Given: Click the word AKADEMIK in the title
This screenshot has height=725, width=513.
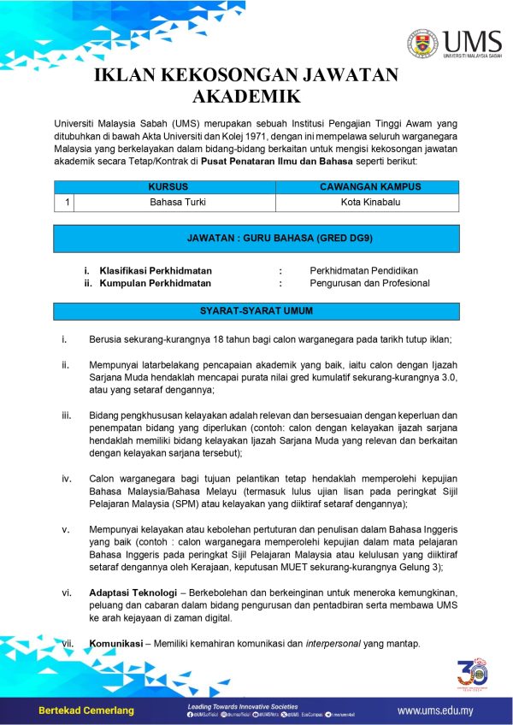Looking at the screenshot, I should coord(247,95).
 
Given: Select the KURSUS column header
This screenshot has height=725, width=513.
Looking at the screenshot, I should coord(168,186).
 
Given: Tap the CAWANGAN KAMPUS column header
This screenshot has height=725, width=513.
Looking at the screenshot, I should coord(370,186).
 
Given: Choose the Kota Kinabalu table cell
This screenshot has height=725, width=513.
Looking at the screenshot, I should coord(370,203).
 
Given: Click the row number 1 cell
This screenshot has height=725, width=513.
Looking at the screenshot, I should coord(64,203).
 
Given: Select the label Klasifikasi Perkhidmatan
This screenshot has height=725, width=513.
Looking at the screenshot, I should coord(156,270).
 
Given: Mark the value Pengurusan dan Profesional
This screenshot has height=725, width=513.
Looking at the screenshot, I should coord(369,283).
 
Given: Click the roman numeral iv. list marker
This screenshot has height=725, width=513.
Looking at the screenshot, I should coord(66,479).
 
